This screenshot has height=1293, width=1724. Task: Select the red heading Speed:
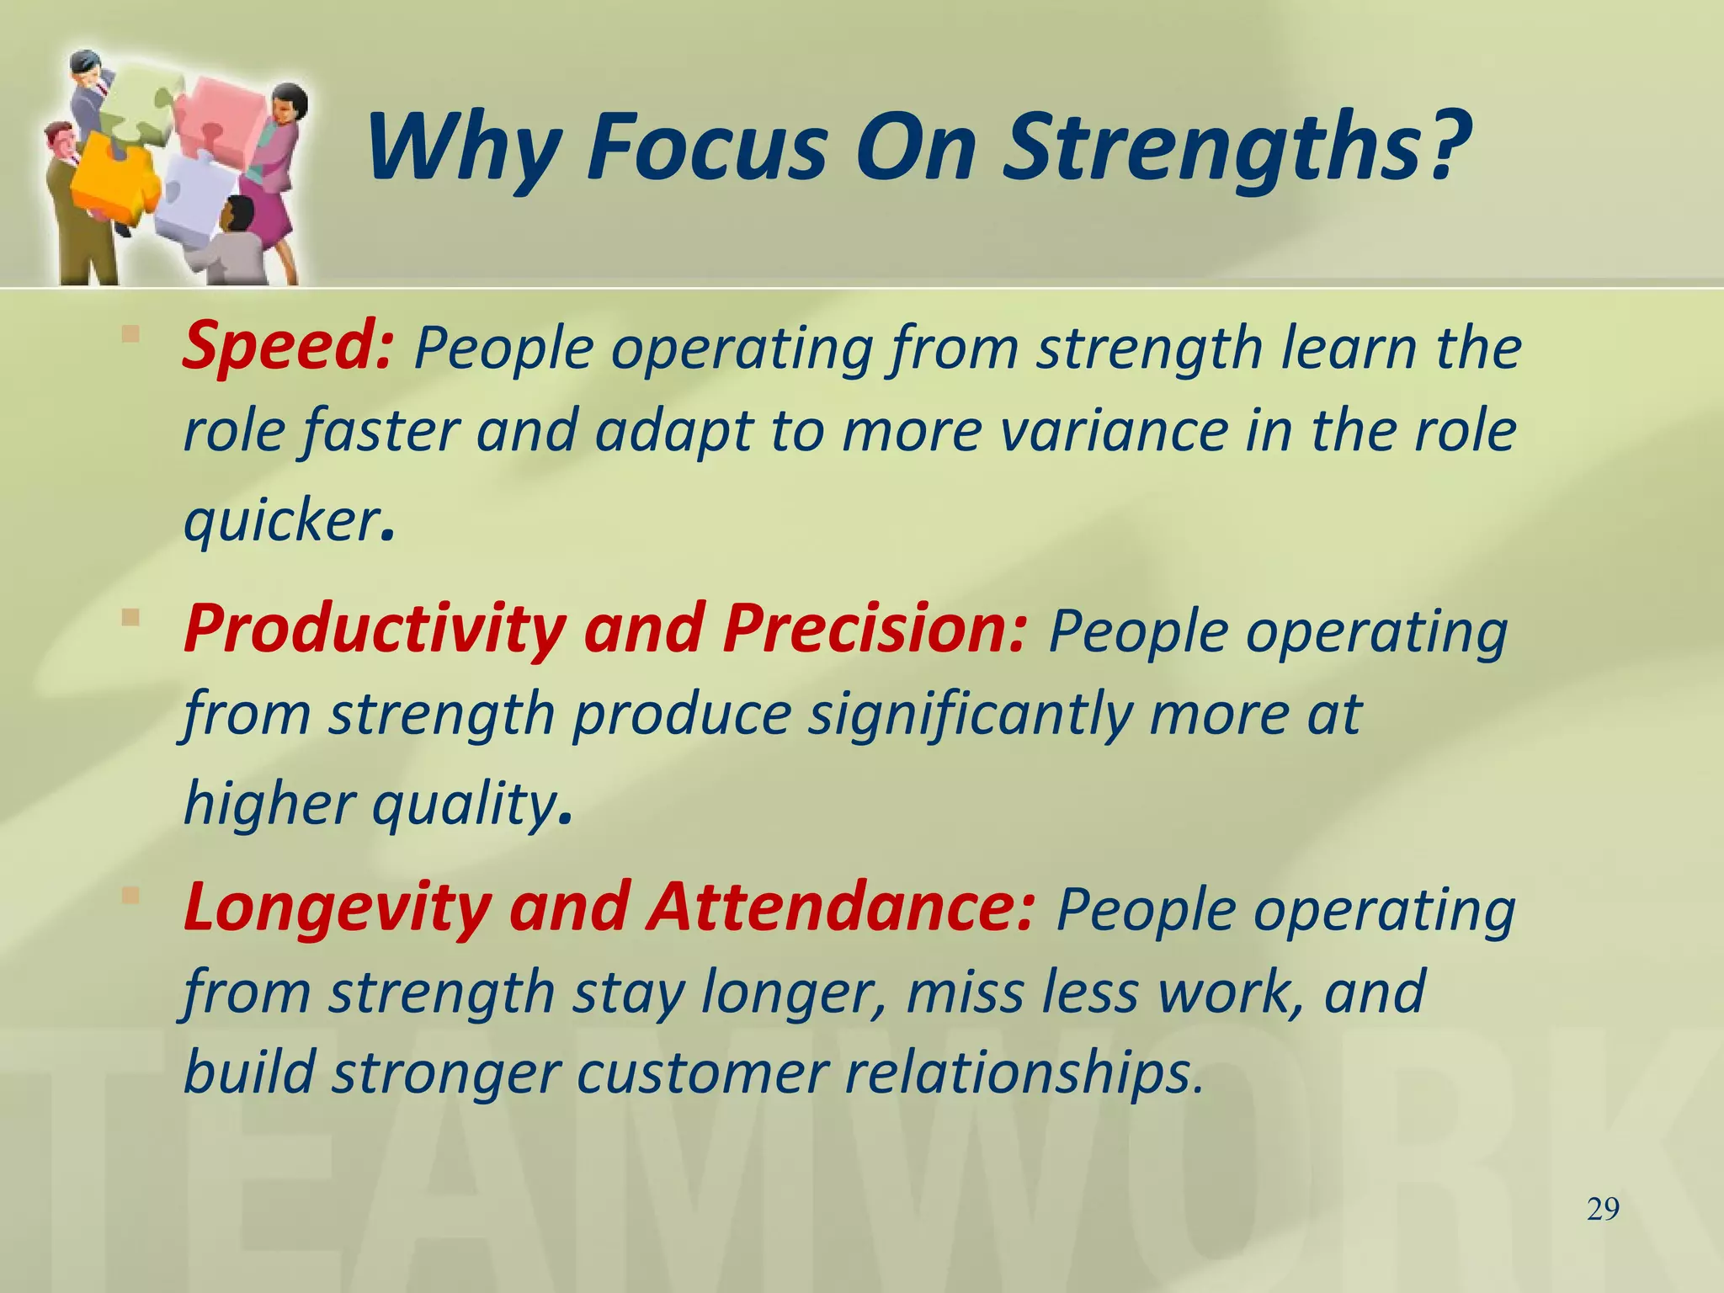click(x=287, y=347)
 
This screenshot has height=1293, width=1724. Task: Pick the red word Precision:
click(x=875, y=630)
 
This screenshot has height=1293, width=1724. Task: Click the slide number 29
click(x=1603, y=1210)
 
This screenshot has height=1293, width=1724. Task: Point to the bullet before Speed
click(x=130, y=334)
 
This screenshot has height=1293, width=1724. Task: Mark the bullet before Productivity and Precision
click(x=130, y=618)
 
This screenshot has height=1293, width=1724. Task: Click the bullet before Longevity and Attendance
click(x=130, y=896)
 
